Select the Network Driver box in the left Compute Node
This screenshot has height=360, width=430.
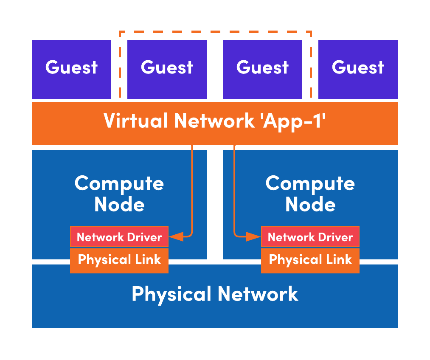coord(119,237)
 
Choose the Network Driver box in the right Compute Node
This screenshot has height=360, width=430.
coord(310,237)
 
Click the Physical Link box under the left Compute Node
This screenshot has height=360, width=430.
coord(119,260)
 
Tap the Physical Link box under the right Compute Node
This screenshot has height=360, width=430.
coord(310,260)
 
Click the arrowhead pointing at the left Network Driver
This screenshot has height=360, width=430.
coord(176,236)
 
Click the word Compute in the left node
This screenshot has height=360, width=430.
coord(119,184)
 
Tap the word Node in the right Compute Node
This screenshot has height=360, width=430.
coord(310,205)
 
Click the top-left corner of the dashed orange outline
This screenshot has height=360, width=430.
coord(120,32)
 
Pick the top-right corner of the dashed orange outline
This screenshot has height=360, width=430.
coord(311,32)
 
